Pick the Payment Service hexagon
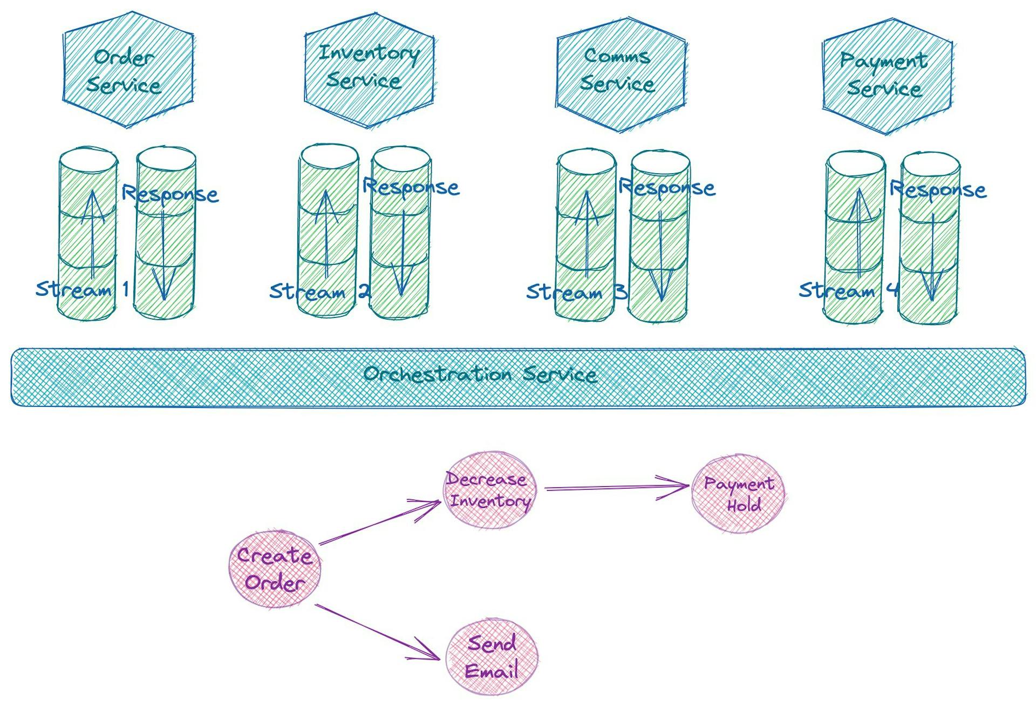pos(887,76)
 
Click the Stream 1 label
pos(83,289)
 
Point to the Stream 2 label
pos(320,291)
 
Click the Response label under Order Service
pos(170,193)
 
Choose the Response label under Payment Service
pos(938,189)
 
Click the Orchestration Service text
pos(480,374)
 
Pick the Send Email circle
pos(492,657)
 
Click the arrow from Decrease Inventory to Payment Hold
pos(615,487)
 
